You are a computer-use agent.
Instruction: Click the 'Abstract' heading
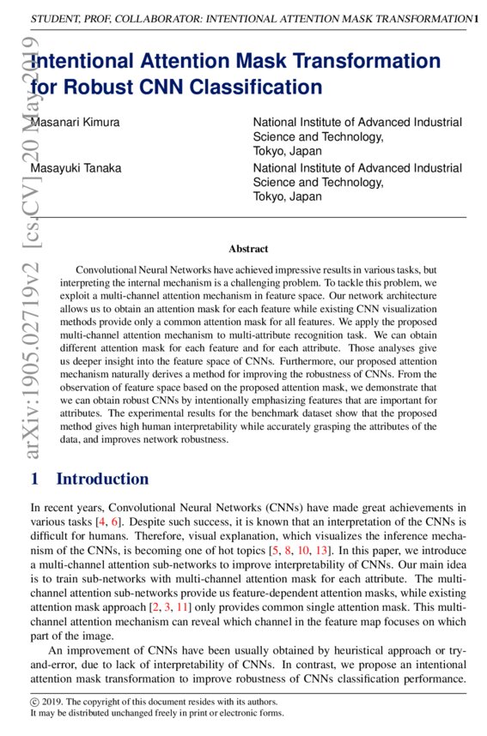click(248, 249)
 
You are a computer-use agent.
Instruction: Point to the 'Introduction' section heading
click(102, 479)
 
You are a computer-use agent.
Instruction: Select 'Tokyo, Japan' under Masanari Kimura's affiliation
click(288, 151)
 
